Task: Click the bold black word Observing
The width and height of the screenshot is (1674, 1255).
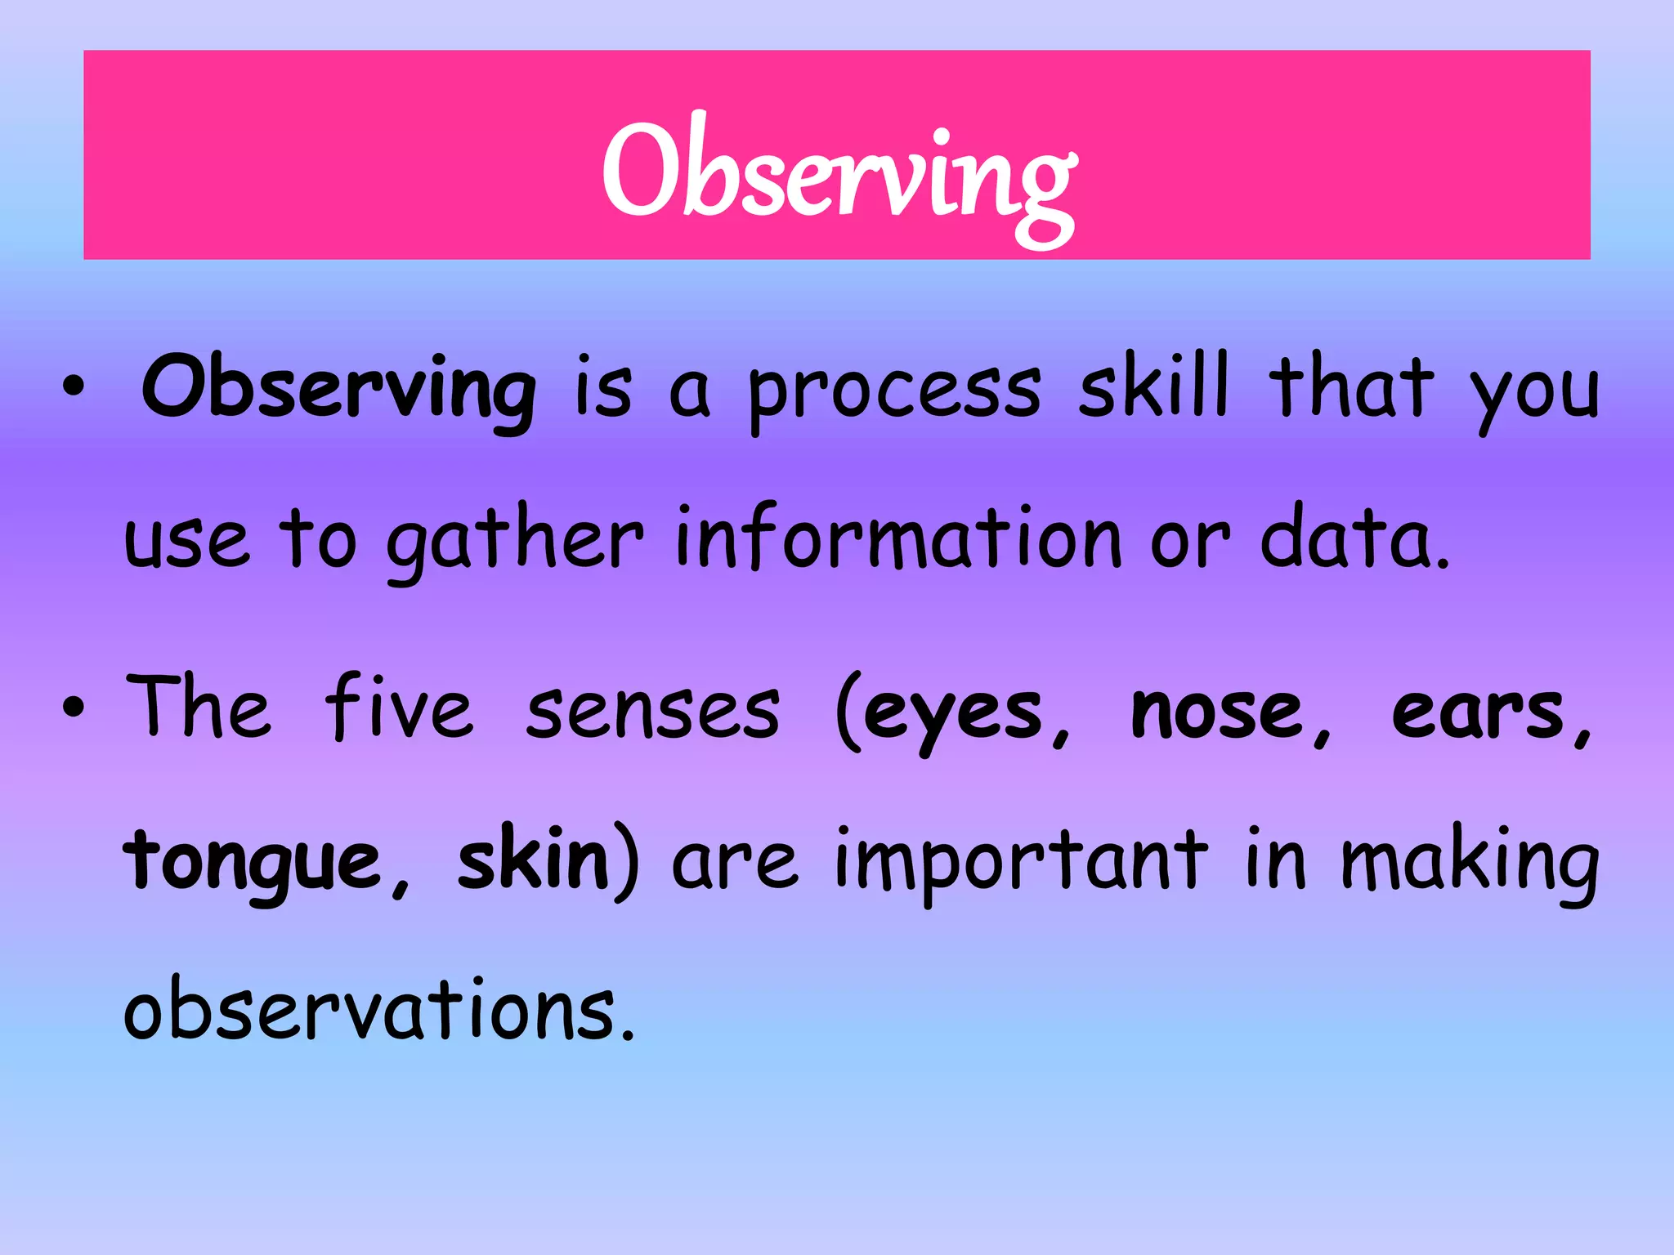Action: (338, 389)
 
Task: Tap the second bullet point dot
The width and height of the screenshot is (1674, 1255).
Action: (73, 708)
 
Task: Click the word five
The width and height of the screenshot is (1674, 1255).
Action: (398, 708)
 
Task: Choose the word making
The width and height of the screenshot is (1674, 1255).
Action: (1470, 863)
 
